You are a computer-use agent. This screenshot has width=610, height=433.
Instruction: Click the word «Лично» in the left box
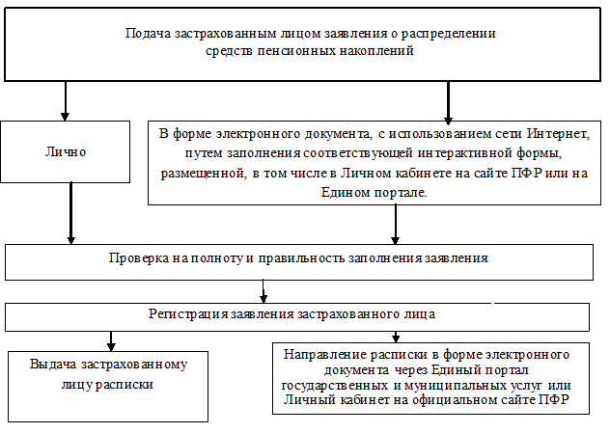click(66, 152)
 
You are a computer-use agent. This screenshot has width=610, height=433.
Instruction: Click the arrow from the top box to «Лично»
click(66, 99)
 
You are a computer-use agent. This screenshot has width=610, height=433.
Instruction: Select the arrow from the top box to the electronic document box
click(448, 99)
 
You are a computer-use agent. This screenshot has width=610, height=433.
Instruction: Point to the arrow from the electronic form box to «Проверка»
click(394, 224)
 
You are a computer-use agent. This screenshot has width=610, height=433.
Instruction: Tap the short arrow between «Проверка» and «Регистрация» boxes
click(264, 290)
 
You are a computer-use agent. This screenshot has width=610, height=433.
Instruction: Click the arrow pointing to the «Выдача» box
click(111, 340)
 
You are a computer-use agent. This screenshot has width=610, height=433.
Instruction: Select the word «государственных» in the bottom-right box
click(327, 383)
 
